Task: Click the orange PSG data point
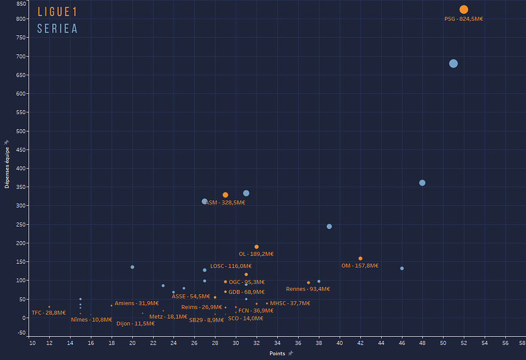pyautogui.click(x=464, y=10)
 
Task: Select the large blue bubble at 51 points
pyautogui.click(x=453, y=63)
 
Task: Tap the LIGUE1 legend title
pyautogui.click(x=57, y=12)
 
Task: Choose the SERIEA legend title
pyautogui.click(x=57, y=29)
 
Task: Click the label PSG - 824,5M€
pyautogui.click(x=464, y=19)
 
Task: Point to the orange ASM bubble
pyautogui.click(x=226, y=195)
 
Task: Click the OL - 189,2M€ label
pyautogui.click(x=256, y=254)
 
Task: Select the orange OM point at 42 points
pyautogui.click(x=360, y=258)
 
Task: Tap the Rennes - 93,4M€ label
pyautogui.click(x=308, y=289)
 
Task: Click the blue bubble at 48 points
pyautogui.click(x=422, y=183)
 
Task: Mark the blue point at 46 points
pyautogui.click(x=402, y=269)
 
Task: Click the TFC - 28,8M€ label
pyautogui.click(x=48, y=313)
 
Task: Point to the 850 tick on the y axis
pyautogui.click(x=21, y=4)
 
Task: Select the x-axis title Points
pyautogui.click(x=278, y=353)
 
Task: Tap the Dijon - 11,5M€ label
pyautogui.click(x=135, y=324)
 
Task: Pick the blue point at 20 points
pyautogui.click(x=132, y=267)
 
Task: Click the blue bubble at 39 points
pyautogui.click(x=329, y=227)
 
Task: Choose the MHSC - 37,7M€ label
pyautogui.click(x=290, y=303)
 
